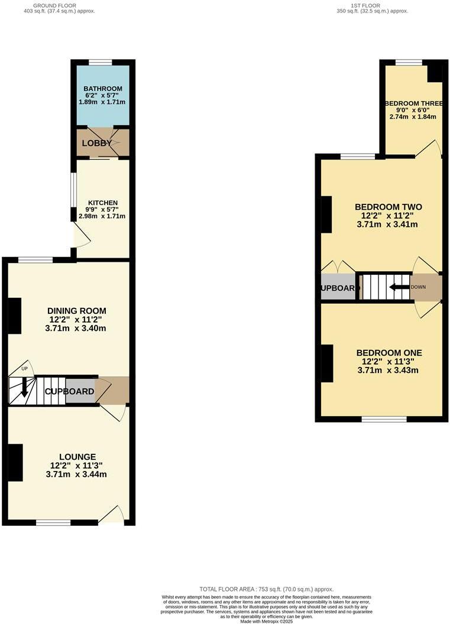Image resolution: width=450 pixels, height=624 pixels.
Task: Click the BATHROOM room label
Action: [x=102, y=89]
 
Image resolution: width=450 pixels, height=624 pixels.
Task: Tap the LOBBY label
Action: [x=96, y=143]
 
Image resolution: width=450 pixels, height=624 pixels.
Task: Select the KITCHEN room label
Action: [x=102, y=203]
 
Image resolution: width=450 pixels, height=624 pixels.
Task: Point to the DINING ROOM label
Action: [x=77, y=311]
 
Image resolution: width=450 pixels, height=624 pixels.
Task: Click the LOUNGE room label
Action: [x=77, y=457]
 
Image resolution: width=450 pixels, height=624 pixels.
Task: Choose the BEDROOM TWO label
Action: [x=388, y=207]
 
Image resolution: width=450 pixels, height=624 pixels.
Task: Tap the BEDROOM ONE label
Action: [x=388, y=353]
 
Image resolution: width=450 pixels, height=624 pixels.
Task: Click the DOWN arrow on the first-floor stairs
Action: [x=400, y=287]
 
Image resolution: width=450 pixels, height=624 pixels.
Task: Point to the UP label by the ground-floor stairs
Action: [x=24, y=369]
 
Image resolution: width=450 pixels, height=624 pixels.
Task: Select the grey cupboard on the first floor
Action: [x=339, y=288]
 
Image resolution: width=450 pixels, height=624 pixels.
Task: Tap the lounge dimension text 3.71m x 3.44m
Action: [x=76, y=474]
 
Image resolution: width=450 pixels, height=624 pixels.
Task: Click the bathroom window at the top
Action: [x=101, y=61]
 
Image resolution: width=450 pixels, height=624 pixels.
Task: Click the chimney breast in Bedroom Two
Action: [x=326, y=214]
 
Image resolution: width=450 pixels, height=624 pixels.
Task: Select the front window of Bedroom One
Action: [x=384, y=419]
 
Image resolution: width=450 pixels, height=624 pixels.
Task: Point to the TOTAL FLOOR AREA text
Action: [x=266, y=589]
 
